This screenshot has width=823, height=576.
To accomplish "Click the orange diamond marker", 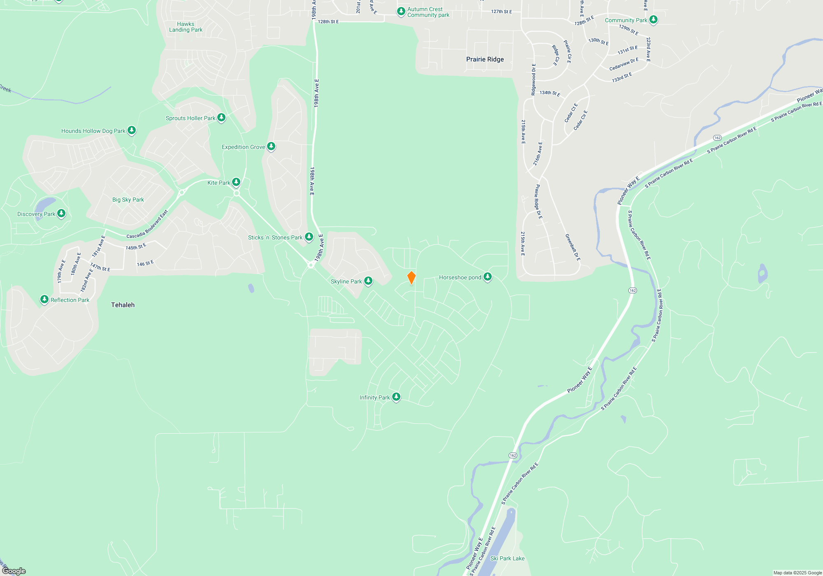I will click(411, 278).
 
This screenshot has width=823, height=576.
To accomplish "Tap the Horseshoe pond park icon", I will click(488, 276).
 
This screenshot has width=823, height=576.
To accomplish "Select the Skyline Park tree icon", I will click(368, 281).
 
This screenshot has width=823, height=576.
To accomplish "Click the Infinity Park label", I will click(374, 397).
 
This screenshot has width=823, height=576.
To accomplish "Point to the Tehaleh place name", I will click(123, 305).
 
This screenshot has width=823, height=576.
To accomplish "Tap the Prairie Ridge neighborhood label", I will click(485, 59).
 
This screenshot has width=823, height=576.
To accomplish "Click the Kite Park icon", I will click(236, 182).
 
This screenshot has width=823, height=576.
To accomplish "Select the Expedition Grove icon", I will click(271, 146).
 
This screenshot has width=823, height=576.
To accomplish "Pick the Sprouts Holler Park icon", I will click(221, 117).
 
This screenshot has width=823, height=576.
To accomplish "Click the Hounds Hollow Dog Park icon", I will click(131, 130).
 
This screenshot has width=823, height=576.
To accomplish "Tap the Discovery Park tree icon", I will click(61, 213).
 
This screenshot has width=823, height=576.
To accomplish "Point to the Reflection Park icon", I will click(44, 299).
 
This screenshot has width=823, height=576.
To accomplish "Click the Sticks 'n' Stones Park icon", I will click(309, 237).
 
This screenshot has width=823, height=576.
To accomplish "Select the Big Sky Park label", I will click(128, 200).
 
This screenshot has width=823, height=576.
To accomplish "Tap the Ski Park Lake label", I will click(507, 558).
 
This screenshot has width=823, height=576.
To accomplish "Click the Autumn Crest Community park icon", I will click(401, 11).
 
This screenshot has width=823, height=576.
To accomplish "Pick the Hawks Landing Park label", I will click(186, 27).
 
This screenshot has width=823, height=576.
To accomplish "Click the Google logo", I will click(14, 571).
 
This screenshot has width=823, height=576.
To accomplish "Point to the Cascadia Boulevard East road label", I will click(147, 225).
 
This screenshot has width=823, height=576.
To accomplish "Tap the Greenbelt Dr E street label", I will click(572, 247).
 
